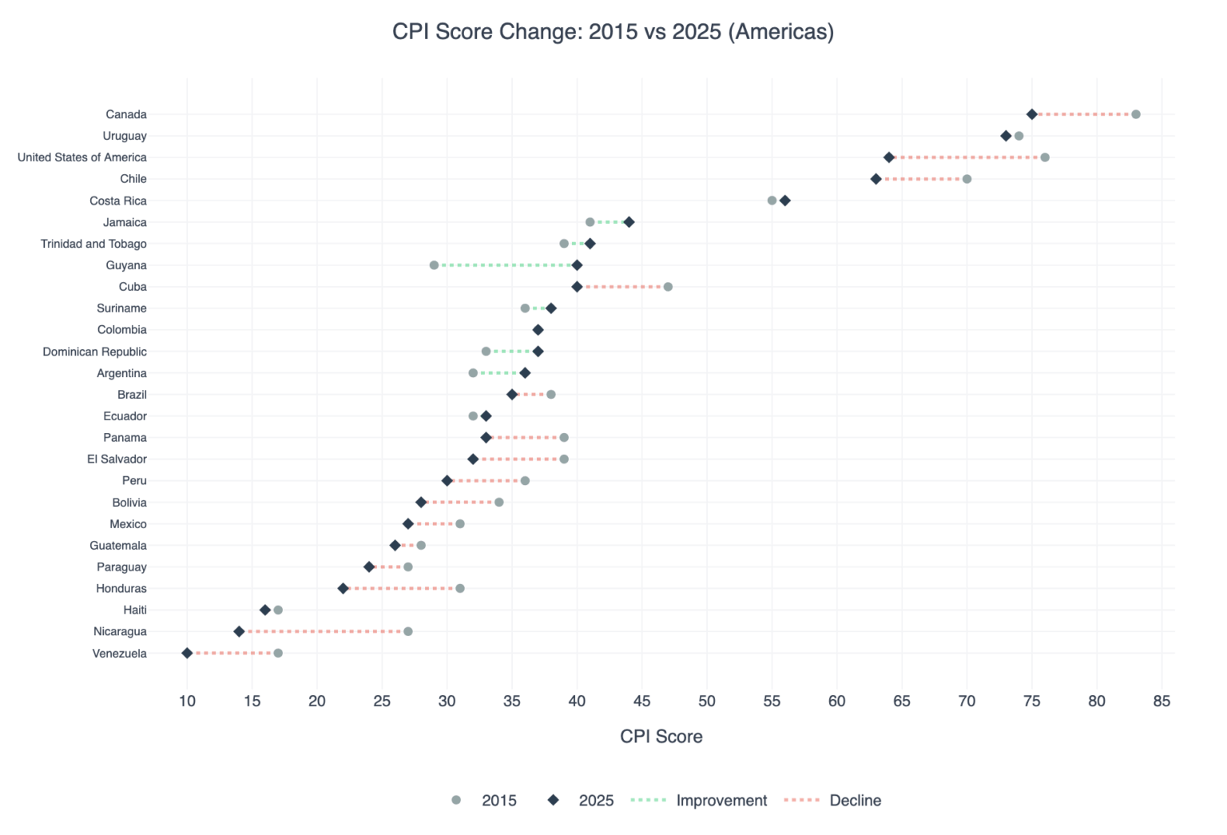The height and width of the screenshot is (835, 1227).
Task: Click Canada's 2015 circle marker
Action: (1135, 114)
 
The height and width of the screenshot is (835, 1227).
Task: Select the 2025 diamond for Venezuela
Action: (187, 653)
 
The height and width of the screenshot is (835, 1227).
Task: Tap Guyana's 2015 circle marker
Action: (434, 265)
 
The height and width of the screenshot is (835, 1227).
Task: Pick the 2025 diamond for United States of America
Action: (888, 157)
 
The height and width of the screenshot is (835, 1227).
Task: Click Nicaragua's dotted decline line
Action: (324, 631)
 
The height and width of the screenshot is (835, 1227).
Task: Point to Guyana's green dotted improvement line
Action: (505, 265)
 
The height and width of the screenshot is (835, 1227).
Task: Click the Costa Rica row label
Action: (118, 201)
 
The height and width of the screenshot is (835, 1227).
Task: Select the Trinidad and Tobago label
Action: (93, 244)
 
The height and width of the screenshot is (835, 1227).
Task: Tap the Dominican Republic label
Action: (94, 352)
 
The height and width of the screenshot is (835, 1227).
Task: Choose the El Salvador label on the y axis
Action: (117, 459)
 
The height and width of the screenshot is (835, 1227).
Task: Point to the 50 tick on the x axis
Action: (707, 702)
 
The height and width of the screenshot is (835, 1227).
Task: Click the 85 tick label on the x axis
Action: (1161, 702)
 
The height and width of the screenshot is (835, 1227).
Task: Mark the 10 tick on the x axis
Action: (187, 702)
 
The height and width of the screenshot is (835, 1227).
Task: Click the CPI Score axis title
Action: (661, 737)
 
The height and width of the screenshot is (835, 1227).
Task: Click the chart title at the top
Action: (613, 32)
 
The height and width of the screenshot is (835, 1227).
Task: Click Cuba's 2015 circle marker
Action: (668, 287)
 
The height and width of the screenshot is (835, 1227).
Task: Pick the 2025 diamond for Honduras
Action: (343, 588)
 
